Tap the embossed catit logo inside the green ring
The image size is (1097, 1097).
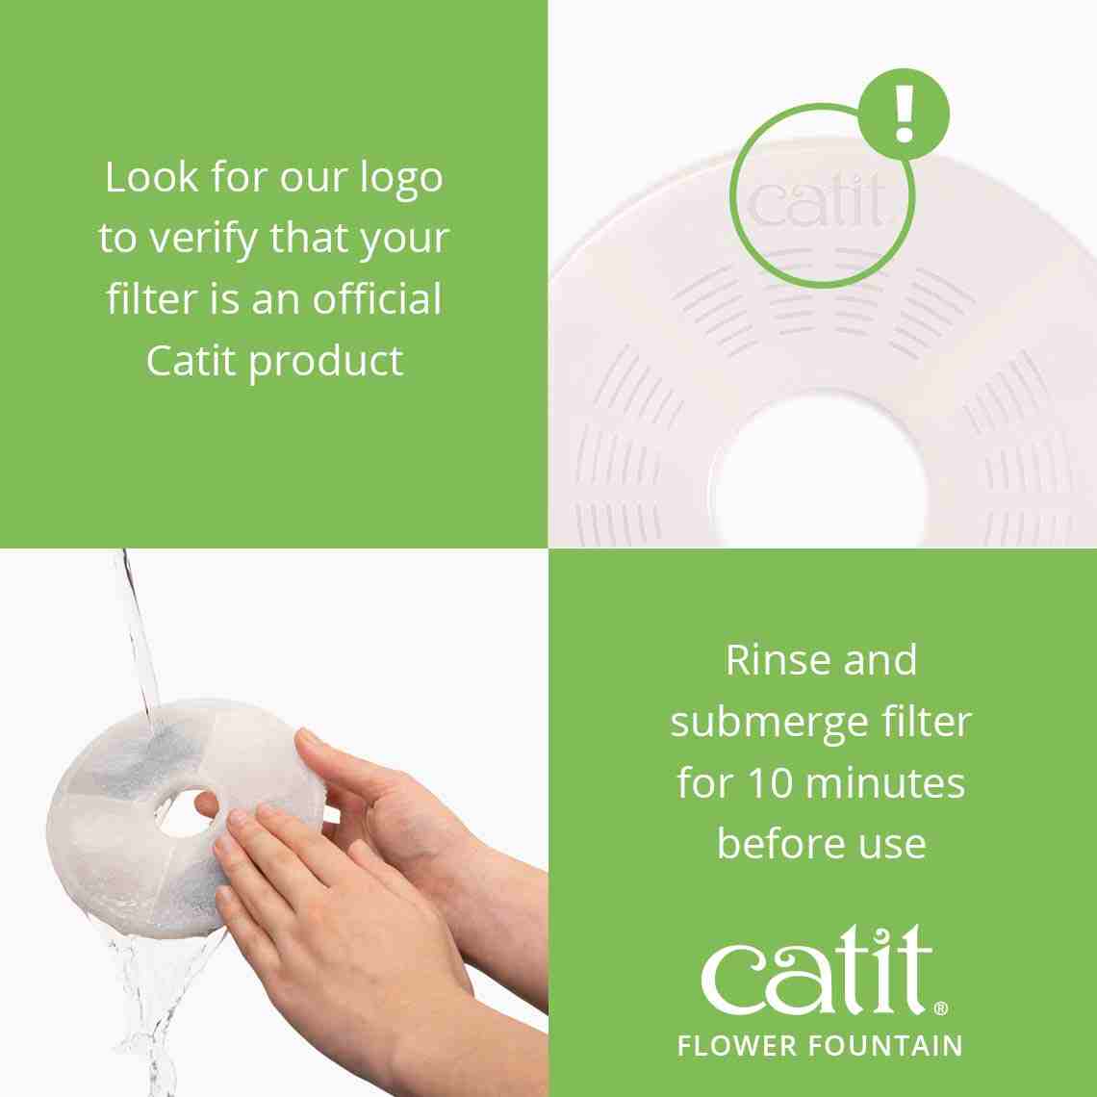click(x=817, y=202)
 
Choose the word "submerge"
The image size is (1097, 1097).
click(x=778, y=723)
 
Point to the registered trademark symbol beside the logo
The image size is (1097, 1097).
click(x=940, y=1008)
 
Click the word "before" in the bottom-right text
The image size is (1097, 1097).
click(x=771, y=844)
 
